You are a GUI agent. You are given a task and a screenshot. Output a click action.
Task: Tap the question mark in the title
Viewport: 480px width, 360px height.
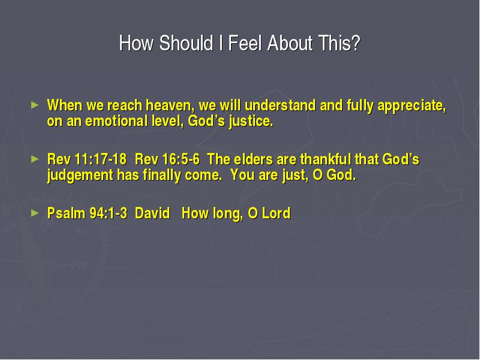356,43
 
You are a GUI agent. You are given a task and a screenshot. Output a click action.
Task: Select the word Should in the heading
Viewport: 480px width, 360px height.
186,43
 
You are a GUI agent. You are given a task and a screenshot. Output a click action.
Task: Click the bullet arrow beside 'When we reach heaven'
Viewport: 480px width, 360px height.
35,105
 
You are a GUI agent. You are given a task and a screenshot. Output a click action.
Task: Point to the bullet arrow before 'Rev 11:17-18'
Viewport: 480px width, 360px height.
35,159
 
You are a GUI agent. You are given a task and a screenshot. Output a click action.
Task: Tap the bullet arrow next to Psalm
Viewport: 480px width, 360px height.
35,213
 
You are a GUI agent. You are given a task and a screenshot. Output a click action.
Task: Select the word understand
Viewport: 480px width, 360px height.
280,106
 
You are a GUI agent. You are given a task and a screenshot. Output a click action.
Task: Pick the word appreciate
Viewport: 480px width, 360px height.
412,106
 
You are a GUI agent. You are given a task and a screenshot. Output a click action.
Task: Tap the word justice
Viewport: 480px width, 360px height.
251,122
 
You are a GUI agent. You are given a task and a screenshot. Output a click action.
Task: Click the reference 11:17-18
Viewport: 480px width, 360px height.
100,160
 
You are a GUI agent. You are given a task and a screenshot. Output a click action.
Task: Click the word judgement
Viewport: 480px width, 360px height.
80,176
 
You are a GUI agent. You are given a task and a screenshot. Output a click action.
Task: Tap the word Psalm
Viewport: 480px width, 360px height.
66,214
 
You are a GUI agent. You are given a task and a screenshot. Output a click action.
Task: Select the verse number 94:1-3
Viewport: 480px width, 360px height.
109,214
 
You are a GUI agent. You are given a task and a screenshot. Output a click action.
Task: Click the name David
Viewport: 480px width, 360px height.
152,214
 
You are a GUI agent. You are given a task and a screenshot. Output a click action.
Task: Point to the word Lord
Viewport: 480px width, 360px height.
277,214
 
